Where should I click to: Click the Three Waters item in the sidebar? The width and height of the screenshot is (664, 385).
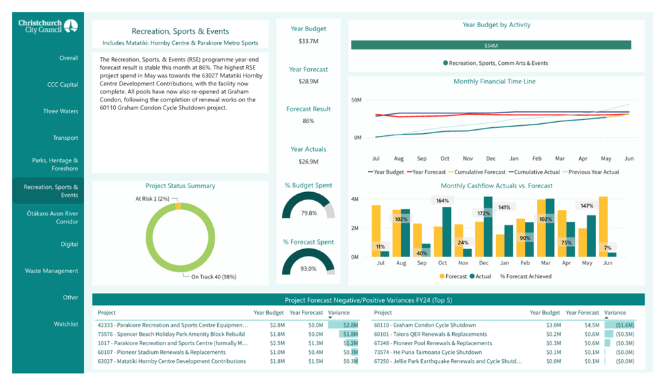[x=60, y=111]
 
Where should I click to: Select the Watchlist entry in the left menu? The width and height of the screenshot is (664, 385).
[x=66, y=324]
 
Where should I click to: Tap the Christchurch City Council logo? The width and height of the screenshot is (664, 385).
[x=48, y=27]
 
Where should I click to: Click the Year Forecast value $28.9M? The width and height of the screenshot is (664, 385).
[x=308, y=81]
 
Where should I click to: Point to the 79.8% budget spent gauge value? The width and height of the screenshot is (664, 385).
[x=308, y=213]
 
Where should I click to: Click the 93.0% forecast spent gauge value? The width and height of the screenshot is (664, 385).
[x=308, y=268]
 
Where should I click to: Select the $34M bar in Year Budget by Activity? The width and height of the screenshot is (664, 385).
[x=491, y=45]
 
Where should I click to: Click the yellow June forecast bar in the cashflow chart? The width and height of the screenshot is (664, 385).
[x=604, y=227]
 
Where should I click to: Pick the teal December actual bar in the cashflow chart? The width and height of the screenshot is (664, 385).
[x=488, y=227]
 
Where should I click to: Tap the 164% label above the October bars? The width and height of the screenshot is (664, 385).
[x=442, y=201]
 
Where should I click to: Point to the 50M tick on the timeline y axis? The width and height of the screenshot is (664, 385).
[x=356, y=100]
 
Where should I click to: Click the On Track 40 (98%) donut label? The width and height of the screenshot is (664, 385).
[x=213, y=277]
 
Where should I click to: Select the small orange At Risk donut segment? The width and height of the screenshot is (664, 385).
[x=178, y=206]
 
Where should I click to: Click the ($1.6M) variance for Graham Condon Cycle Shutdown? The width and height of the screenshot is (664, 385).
[x=625, y=325]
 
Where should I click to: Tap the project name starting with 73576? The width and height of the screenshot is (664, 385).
[x=171, y=334]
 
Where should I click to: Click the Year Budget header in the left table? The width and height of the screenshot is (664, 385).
[x=269, y=313]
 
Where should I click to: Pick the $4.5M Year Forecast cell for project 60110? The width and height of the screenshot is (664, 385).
[x=592, y=325]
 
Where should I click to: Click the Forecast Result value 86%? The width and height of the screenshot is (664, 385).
[x=308, y=121]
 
